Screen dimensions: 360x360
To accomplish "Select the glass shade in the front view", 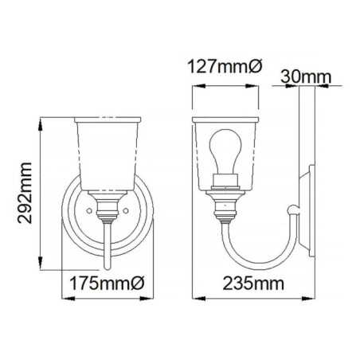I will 107,156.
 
